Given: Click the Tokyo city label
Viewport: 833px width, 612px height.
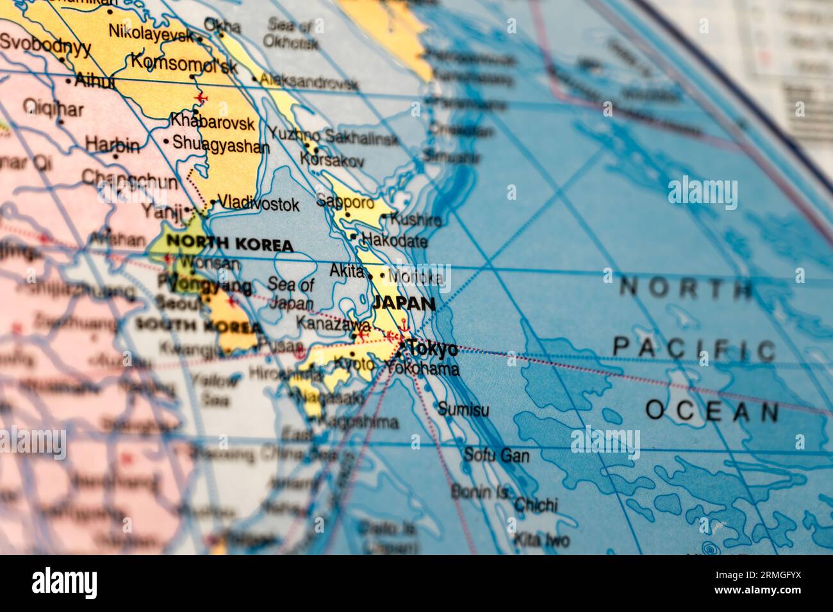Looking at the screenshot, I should click(433, 349).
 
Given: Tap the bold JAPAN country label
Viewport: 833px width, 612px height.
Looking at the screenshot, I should click(404, 303).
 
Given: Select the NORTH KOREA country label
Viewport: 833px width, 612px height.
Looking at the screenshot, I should click(229, 244).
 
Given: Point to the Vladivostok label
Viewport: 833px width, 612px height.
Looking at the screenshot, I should click(258, 204).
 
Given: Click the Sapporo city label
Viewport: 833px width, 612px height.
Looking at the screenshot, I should click(345, 202).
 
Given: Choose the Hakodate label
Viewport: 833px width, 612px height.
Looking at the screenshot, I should click(394, 241).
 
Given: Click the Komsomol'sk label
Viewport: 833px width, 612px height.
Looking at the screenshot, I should click(184, 62).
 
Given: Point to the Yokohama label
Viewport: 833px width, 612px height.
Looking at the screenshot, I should click(422, 369).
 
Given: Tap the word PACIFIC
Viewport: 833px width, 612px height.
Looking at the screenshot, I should click(694, 350).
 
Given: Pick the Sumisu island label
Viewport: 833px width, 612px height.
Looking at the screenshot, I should click(463, 409).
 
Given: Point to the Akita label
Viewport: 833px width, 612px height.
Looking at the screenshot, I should click(347, 271).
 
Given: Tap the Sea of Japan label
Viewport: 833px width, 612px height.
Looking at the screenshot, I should click(291, 294).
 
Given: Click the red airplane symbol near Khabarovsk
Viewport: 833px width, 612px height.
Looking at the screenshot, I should click(202, 97).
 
